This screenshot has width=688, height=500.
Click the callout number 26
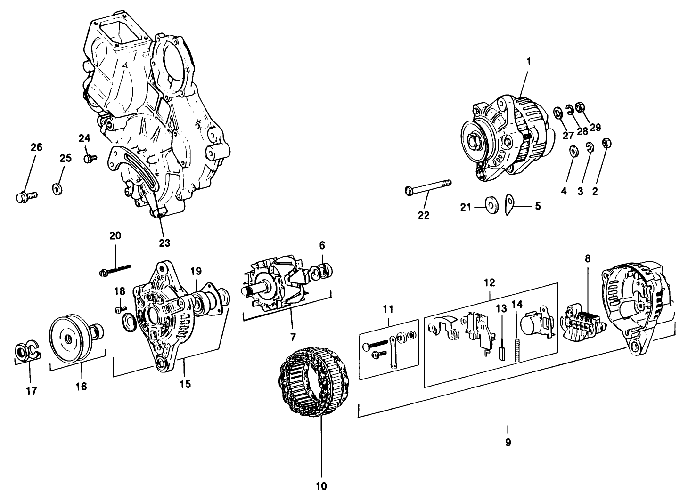[36, 147]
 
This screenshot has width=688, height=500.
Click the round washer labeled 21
[492, 206]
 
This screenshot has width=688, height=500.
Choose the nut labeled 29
[581, 111]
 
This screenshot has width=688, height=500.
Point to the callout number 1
[528, 62]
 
